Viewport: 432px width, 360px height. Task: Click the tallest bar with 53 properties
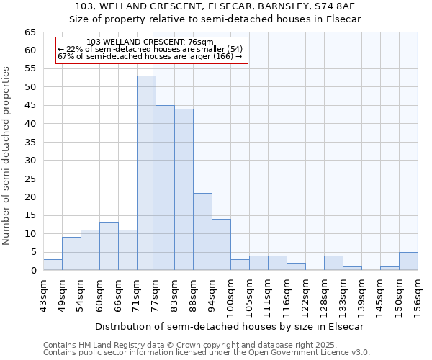pos(146,173)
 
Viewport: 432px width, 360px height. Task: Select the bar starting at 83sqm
pos(184,189)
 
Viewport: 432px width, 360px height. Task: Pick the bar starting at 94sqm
pos(221,245)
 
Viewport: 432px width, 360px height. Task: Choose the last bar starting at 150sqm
pos(408,261)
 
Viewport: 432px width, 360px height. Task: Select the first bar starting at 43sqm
pos(53,265)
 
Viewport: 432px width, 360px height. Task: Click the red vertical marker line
pos(153,180)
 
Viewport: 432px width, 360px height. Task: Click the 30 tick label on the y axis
pos(30,161)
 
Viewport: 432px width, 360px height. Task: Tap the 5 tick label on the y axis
pos(32,252)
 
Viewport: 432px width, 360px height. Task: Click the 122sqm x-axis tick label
pos(306,297)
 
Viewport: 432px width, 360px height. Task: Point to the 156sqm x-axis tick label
pos(418,297)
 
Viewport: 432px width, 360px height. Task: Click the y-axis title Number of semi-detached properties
pos(6,156)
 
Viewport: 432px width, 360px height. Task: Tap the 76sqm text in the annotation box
pos(199,42)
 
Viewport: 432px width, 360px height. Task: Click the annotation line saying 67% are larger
pos(150,56)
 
